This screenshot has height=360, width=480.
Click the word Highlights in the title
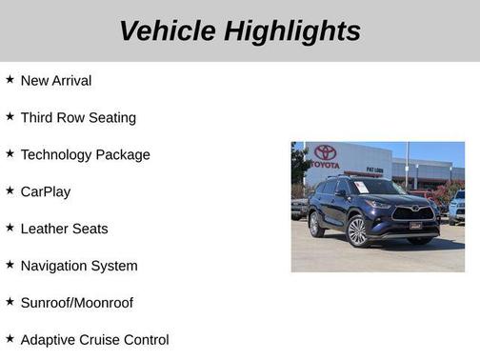click(x=292, y=30)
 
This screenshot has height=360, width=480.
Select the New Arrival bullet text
click(x=56, y=81)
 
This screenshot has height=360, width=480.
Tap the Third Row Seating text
click(x=78, y=118)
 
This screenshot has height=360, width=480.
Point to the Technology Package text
click(x=85, y=154)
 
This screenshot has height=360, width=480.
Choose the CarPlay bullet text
click(x=46, y=191)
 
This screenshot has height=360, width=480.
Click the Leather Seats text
click(x=64, y=229)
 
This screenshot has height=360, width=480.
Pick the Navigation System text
click(x=79, y=266)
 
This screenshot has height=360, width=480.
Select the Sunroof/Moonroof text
click(x=77, y=303)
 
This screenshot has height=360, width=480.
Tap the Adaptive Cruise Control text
click(x=94, y=340)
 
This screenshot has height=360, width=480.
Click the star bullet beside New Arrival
click(x=10, y=80)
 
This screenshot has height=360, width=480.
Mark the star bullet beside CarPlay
click(x=10, y=190)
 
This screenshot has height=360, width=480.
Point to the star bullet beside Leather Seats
click(x=10, y=228)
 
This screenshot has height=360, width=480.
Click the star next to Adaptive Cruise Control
click(x=10, y=338)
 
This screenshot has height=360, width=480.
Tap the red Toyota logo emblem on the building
click(x=326, y=152)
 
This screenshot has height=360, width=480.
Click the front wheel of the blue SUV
click(x=357, y=230)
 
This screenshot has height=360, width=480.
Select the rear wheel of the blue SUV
click(x=316, y=224)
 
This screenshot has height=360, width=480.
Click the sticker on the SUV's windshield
click(x=361, y=187)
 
